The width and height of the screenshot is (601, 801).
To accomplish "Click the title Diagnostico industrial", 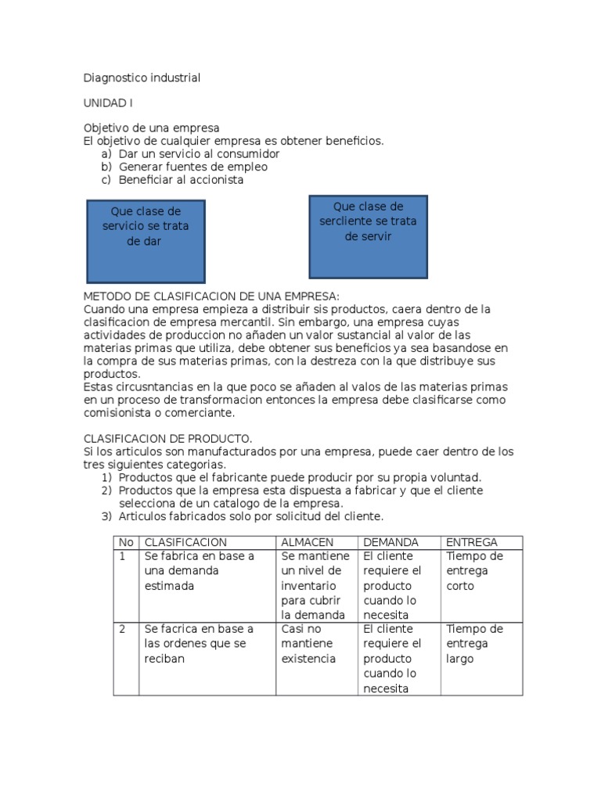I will click(142, 78).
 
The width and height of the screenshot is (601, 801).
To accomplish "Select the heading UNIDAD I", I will click(110, 103).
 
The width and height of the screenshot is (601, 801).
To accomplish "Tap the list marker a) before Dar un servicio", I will click(106, 154).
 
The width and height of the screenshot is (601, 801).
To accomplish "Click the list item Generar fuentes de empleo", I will click(193, 167).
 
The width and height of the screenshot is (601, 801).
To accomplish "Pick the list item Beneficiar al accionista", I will click(181, 180).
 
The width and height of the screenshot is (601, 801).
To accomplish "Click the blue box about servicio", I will click(146, 241).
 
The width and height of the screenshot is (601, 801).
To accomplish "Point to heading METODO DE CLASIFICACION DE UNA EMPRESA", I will click(211, 296).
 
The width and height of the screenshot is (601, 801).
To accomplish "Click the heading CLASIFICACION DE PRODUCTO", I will click(167, 439).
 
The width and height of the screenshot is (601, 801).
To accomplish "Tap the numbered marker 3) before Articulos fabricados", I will click(107, 516).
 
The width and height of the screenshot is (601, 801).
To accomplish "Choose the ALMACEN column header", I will click(308, 542).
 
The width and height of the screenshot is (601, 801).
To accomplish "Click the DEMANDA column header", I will click(390, 542).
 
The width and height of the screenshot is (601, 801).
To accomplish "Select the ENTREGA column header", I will click(471, 542).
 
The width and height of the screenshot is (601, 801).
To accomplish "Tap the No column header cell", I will click(125, 542).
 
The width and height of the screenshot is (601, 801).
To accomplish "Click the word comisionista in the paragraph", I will click(122, 413).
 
